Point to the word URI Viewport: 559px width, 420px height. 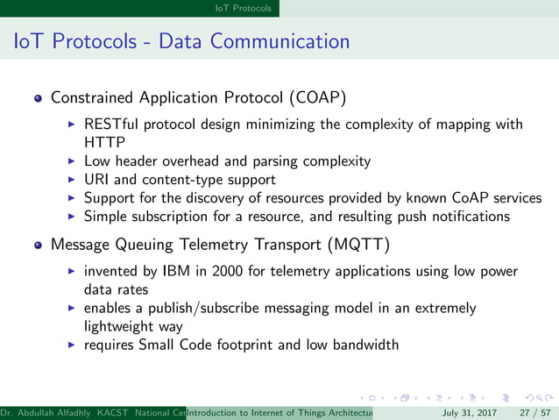click(x=96, y=180)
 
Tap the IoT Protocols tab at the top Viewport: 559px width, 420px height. click(x=244, y=8)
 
